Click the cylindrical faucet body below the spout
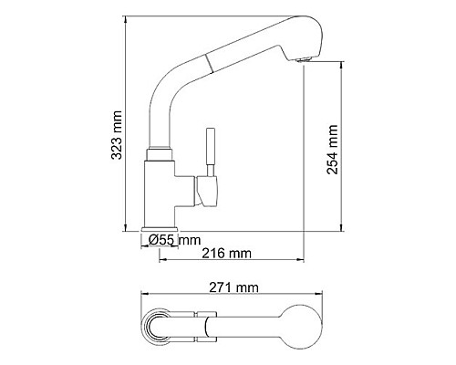(163, 192)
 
